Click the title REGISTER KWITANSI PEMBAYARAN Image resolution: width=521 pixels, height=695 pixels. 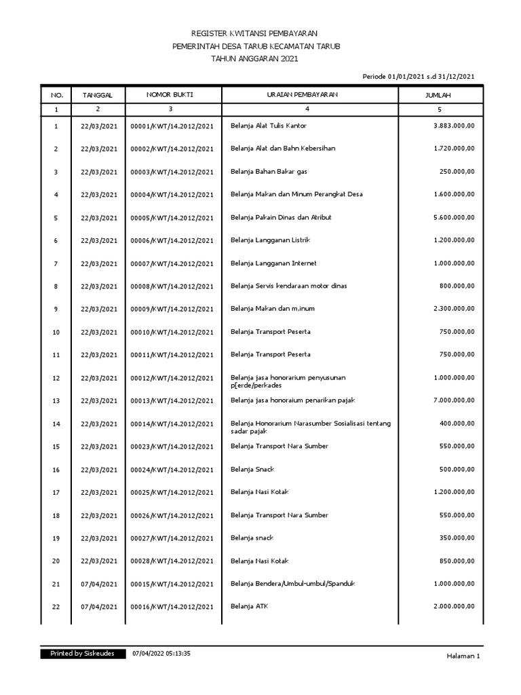click(254, 33)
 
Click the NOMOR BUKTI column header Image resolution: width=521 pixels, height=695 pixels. click(170, 95)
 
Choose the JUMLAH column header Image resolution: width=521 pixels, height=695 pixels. click(438, 96)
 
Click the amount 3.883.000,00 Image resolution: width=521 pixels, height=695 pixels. click(454, 126)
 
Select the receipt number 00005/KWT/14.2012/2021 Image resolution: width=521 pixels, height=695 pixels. click(172, 218)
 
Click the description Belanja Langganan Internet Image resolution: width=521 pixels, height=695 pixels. click(273, 263)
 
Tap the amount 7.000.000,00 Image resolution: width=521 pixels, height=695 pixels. click(454, 400)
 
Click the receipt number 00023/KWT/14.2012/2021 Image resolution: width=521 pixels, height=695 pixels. click(172, 447)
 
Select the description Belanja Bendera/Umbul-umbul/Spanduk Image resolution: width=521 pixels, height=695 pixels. click(293, 584)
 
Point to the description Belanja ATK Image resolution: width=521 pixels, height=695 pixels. click(249, 607)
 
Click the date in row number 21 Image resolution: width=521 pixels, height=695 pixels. click(99, 584)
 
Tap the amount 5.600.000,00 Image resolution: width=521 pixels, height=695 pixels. click(454, 218)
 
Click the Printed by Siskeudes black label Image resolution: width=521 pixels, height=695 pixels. click(82, 654)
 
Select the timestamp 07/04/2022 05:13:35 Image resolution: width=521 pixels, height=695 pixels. click(161, 654)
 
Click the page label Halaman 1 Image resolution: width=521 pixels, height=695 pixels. click(463, 655)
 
